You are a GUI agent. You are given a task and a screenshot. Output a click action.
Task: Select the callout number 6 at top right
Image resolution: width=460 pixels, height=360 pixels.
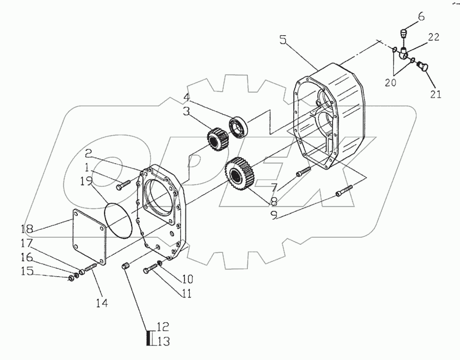(421, 17)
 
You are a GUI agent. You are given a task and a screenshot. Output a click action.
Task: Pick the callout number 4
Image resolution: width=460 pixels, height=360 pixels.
(186, 98)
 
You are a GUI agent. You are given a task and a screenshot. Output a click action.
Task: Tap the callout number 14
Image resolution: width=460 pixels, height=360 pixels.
(102, 302)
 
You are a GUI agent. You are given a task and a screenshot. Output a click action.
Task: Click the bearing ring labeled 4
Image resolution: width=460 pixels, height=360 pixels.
(239, 126)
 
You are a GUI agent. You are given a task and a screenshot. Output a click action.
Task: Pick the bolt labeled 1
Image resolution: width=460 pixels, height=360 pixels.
(123, 185)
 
